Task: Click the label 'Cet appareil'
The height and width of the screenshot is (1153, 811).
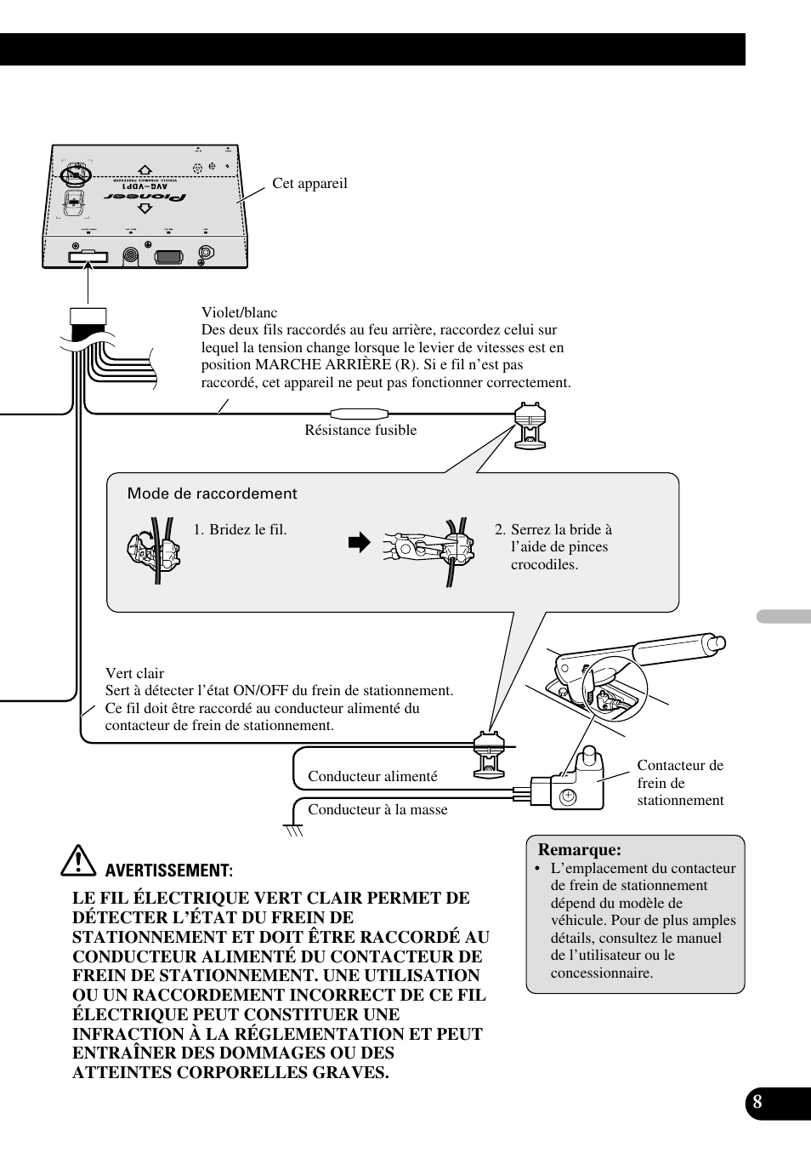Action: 309,184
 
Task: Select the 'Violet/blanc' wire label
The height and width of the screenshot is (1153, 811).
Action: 239,312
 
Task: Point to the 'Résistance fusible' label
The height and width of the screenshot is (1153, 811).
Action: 360,431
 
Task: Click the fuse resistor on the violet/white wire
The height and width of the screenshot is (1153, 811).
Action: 359,414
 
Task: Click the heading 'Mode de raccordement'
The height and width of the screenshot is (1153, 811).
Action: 212,494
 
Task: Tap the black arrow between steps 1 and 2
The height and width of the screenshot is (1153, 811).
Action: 360,542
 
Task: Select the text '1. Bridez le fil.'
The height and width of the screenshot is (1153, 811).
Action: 240,529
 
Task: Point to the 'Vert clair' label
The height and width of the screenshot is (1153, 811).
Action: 134,673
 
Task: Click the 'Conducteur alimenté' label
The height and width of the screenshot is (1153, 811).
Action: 372,776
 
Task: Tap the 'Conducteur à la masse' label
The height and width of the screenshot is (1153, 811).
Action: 377,809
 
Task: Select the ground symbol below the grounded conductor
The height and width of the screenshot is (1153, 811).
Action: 293,830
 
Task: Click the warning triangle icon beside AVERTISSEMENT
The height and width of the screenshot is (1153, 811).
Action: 78,861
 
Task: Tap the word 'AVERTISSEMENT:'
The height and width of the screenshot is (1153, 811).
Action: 168,870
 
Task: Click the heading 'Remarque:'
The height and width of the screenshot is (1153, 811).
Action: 579,849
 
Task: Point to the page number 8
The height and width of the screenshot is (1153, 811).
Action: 757,1104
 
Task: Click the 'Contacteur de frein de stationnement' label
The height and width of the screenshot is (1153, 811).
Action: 680,783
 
